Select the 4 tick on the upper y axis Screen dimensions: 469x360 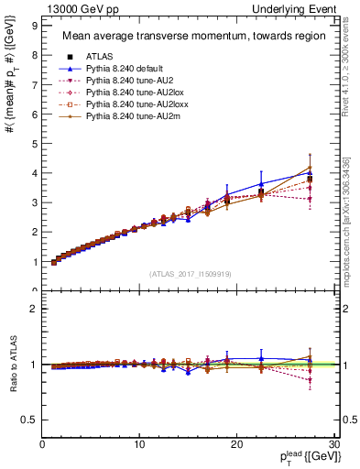(x=34, y=173)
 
